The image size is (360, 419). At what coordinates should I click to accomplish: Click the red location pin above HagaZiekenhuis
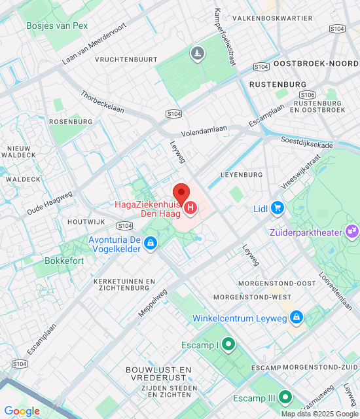[x=181, y=193]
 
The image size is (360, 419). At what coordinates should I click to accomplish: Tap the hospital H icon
[x=190, y=209]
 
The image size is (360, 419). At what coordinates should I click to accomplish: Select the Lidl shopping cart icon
[x=278, y=208]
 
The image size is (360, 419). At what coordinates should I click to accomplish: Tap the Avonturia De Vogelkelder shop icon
[x=151, y=244]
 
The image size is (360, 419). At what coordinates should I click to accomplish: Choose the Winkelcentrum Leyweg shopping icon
[x=296, y=318]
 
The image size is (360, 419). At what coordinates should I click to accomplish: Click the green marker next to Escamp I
[x=228, y=344]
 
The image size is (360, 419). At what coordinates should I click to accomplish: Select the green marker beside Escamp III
[x=285, y=397]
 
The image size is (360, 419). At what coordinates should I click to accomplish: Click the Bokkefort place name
[x=63, y=260]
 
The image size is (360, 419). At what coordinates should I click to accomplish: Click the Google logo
[x=22, y=410]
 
